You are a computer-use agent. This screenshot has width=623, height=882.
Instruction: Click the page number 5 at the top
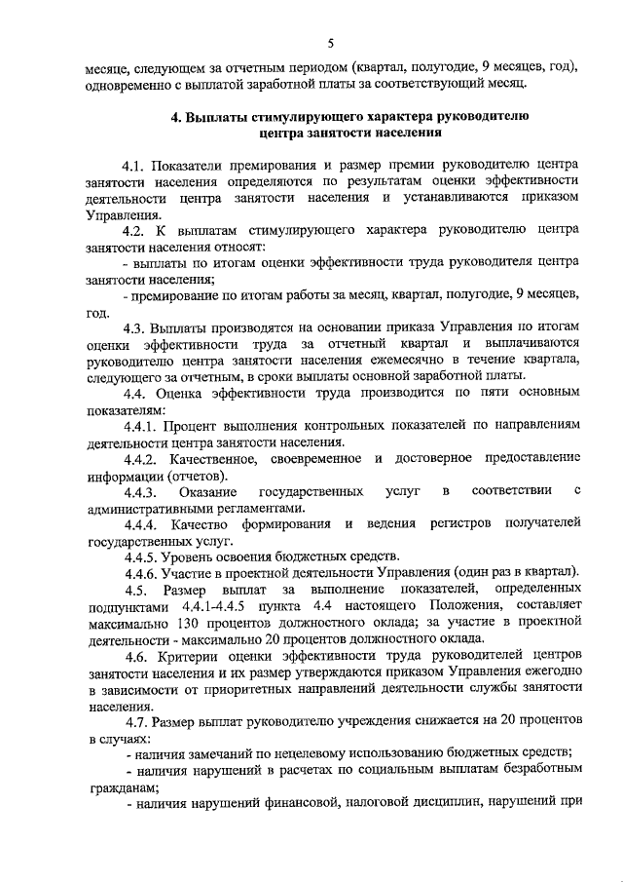pos(330,44)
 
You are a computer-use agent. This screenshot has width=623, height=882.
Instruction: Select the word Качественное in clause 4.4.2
pos(218,459)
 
